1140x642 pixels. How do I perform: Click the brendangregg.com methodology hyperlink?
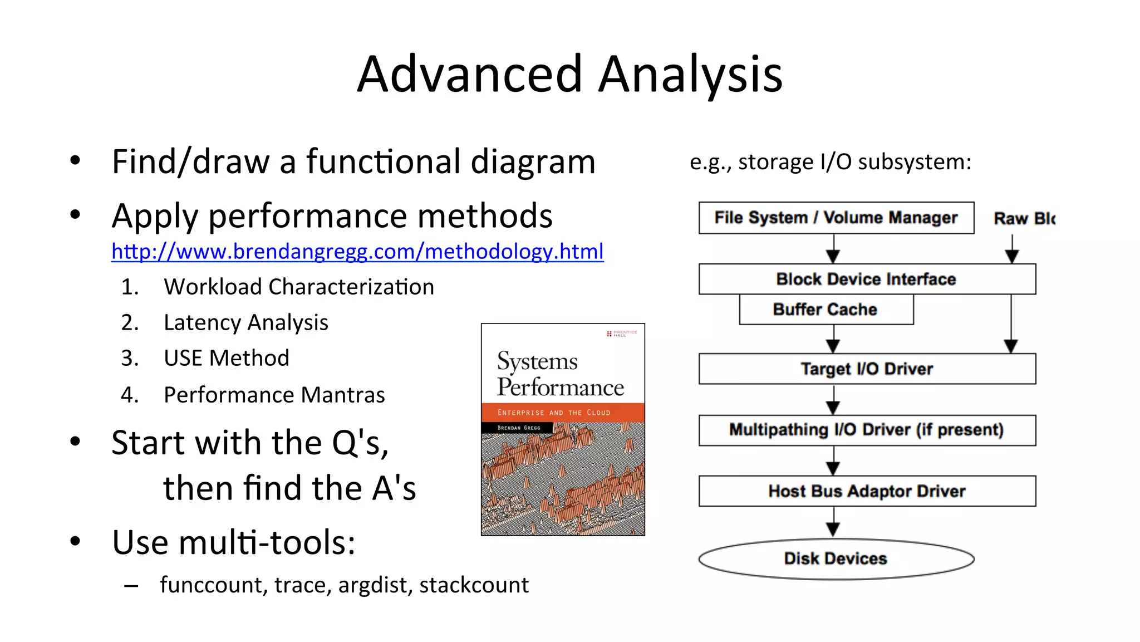pyautogui.click(x=357, y=252)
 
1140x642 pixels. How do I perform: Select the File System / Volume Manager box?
pyautogui.click(x=836, y=218)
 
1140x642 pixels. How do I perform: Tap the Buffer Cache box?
pyautogui.click(x=825, y=310)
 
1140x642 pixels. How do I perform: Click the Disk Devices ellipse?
pyautogui.click(x=836, y=558)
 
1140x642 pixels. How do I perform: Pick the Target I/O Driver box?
pyautogui.click(x=867, y=369)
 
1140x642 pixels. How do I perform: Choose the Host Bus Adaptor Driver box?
pyautogui.click(x=867, y=491)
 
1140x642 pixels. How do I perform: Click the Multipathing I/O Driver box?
pyautogui.click(x=867, y=430)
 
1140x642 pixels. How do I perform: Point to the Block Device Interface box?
pyautogui.click(x=867, y=279)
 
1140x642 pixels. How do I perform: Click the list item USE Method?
pyautogui.click(x=226, y=358)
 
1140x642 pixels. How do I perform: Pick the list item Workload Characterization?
pyautogui.click(x=298, y=287)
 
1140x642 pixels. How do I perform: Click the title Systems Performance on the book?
pyautogui.click(x=559, y=374)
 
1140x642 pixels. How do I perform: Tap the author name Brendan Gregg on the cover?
pyautogui.click(x=518, y=428)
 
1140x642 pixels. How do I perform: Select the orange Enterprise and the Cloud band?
pyautogui.click(x=562, y=413)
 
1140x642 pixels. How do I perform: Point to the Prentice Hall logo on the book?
pyautogui.click(x=622, y=334)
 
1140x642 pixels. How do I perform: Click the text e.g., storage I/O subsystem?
pyautogui.click(x=830, y=162)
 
